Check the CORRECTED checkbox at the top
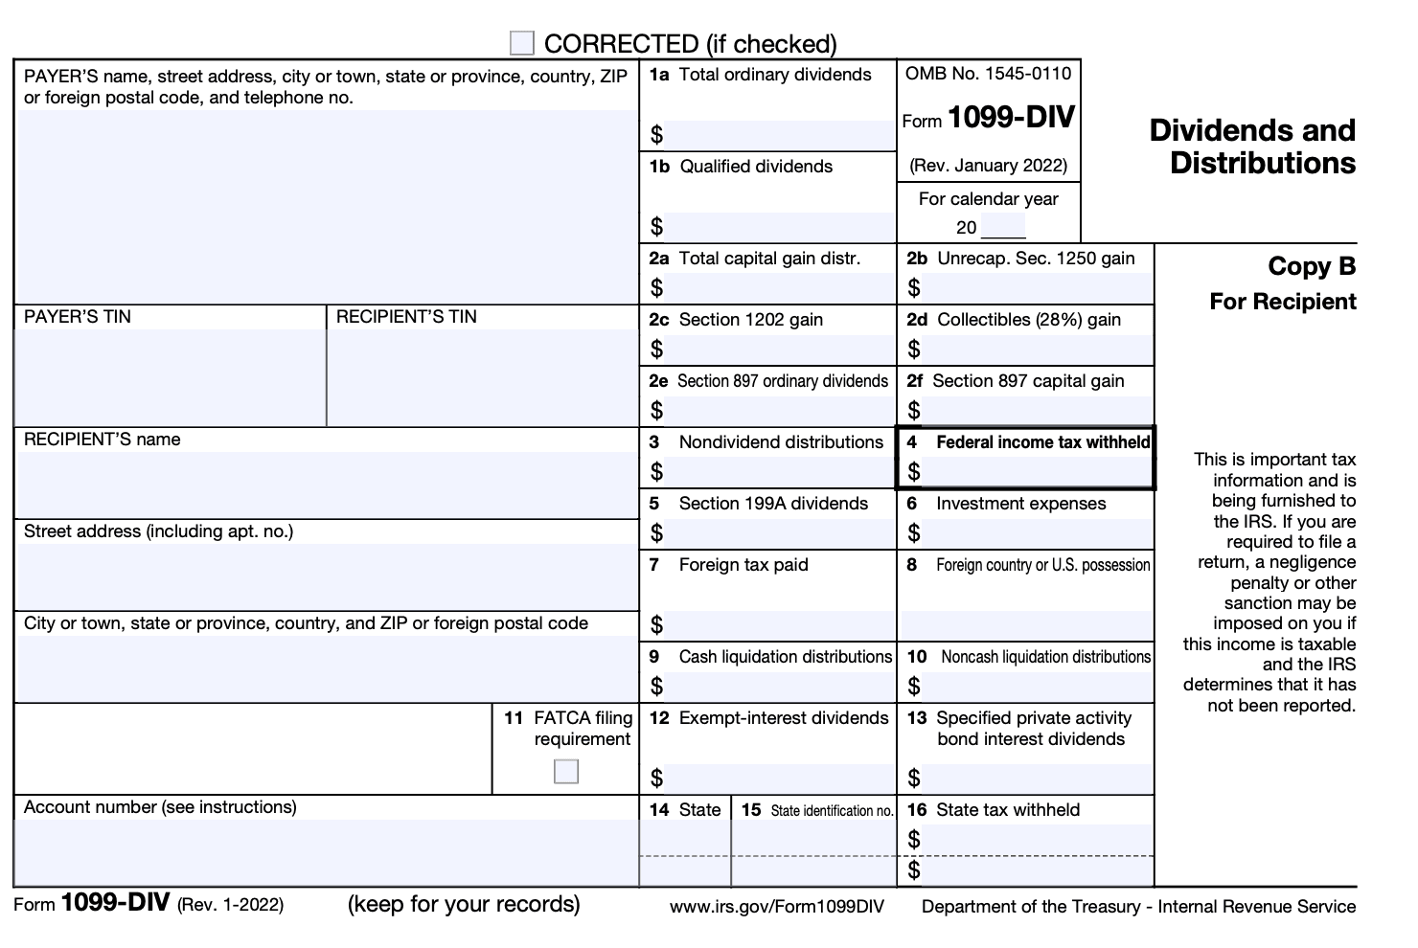tap(522, 43)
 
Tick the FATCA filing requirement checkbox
tap(566, 771)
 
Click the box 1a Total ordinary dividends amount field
tap(778, 135)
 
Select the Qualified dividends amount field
tap(778, 227)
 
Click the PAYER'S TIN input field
tap(171, 377)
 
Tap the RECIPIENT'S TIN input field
tap(482, 377)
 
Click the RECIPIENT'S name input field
tap(326, 485)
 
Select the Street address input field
tap(326, 576)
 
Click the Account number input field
tap(326, 852)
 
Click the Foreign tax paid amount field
tap(778, 625)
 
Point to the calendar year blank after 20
tap(1003, 228)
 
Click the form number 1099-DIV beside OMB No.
tap(1011, 118)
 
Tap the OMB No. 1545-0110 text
tap(988, 74)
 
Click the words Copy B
tap(1312, 266)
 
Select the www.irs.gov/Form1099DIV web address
tap(777, 907)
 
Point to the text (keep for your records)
tap(464, 904)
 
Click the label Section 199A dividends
tap(773, 504)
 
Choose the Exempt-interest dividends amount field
tap(778, 779)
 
